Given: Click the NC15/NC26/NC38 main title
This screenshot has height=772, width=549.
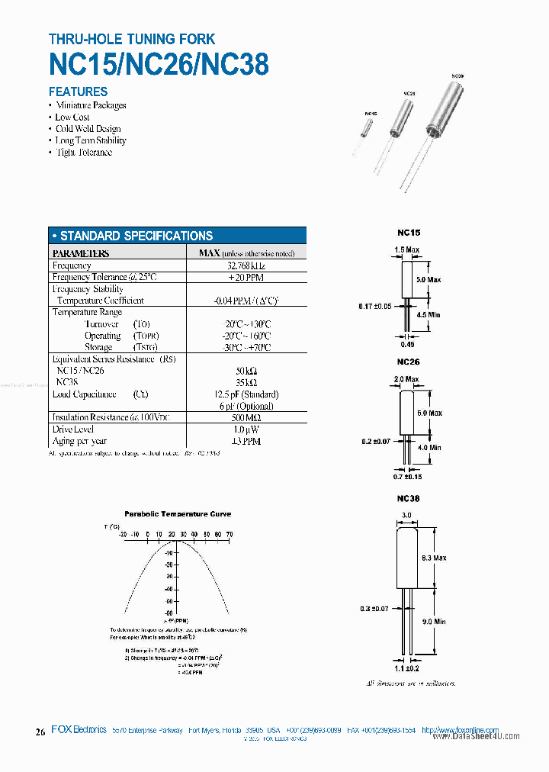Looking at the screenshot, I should point(159,64).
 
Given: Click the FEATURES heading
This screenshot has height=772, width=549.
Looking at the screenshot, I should point(78,92).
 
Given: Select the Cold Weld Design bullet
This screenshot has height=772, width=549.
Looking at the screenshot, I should point(88,129).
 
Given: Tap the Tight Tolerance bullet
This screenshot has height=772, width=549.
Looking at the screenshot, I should point(84,153).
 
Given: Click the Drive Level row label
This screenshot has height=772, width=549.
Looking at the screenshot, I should point(73,429).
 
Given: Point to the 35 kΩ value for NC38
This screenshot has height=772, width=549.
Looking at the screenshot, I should point(246,382).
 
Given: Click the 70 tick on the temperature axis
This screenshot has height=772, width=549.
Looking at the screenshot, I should point(230,534).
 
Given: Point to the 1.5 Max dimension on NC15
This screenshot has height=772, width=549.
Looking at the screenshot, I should point(407,249).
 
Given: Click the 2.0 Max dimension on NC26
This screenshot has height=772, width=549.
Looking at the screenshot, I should point(406,379).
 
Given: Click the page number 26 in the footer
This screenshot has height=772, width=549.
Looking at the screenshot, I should point(40,732).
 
